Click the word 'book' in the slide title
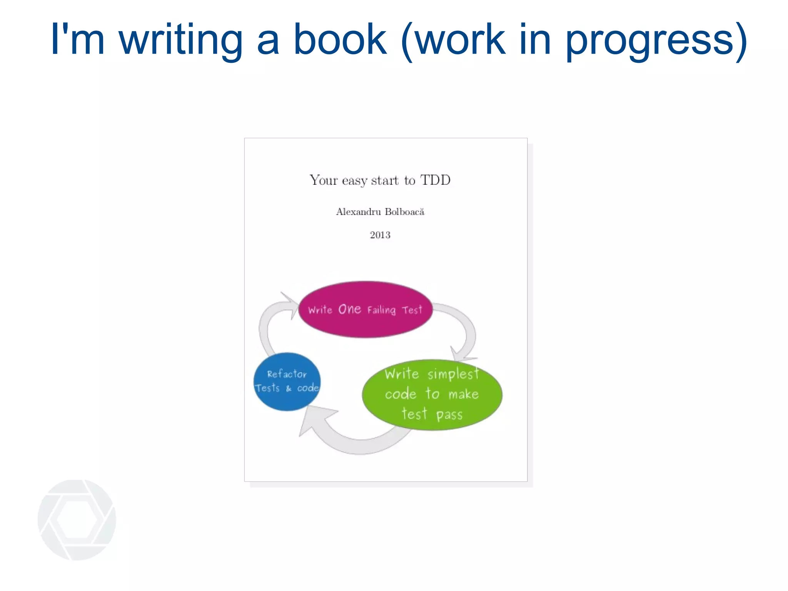pyautogui.click(x=340, y=39)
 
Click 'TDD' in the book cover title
pyautogui.click(x=435, y=180)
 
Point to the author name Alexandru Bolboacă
pyautogui.click(x=380, y=212)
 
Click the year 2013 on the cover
pyautogui.click(x=380, y=235)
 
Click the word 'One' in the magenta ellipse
pyautogui.click(x=349, y=309)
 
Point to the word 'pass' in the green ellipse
pyautogui.click(x=449, y=415)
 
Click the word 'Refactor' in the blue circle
pyautogui.click(x=287, y=374)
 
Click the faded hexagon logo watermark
pyautogui.click(x=77, y=520)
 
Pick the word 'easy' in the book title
pyautogui.click(x=354, y=181)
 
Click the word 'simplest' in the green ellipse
pyautogui.click(x=453, y=374)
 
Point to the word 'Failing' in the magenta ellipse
pyautogui.click(x=381, y=310)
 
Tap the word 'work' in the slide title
pyautogui.click(x=460, y=39)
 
